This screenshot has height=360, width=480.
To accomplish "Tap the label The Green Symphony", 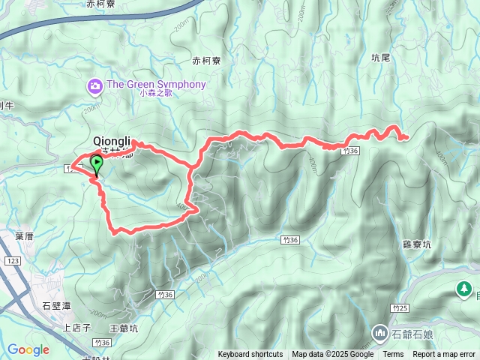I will tap(156, 85).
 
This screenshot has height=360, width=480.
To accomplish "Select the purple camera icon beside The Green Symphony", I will tap(95, 86).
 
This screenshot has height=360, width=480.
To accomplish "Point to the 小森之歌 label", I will tap(156, 94).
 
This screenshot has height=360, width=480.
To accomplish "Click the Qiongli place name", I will tap(112, 140).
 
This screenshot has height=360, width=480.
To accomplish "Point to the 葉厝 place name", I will tap(24, 235).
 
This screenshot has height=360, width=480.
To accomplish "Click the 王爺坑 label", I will tap(124, 328).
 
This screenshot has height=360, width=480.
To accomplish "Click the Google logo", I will tap(28, 349).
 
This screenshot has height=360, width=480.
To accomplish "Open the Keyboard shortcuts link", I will tap(250, 355).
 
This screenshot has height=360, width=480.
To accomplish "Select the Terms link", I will tap(393, 355).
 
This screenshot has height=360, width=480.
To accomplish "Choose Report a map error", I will tap(445, 355).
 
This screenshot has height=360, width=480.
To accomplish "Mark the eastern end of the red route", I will tap(406, 137).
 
